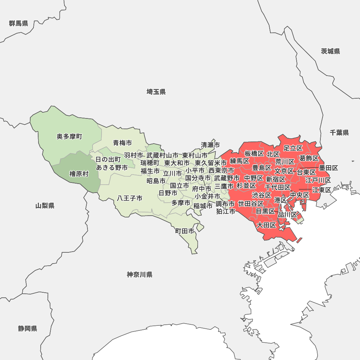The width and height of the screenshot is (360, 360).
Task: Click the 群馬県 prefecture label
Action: click(19, 24)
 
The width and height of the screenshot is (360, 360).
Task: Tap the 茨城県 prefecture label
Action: click(330, 51)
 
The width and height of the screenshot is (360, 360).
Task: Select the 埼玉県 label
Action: click(156, 92)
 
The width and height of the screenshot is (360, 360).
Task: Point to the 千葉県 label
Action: click(339, 133)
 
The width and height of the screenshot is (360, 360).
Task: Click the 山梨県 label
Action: click(45, 206)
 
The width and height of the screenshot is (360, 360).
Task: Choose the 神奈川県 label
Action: click(140, 275)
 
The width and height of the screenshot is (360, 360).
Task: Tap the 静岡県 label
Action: click(28, 329)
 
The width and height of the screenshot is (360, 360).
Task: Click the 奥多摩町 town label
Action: click(69, 137)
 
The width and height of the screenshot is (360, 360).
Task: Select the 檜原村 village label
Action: click(79, 174)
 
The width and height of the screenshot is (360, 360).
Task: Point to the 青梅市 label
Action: click(122, 143)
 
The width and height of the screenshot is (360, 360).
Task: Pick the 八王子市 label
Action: click(130, 198)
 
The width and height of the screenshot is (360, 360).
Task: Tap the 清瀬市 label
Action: click(210, 145)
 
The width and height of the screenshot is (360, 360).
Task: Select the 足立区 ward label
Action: click(293, 148)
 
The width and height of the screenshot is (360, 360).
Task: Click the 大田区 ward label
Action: click(266, 225)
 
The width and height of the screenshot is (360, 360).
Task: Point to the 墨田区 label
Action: click(329, 168)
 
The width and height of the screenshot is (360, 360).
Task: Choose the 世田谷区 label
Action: click(251, 204)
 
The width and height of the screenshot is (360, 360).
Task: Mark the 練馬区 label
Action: click(240, 161)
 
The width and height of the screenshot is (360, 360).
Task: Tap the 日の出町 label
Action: click(108, 159)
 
